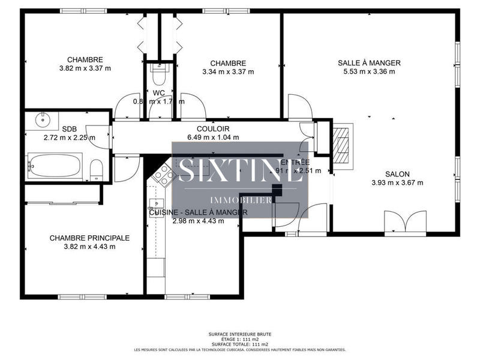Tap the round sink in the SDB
(43, 119)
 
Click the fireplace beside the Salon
(343, 143)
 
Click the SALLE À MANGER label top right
(369, 63)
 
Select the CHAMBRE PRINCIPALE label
(89, 238)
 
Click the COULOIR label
(213, 129)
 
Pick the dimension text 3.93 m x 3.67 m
(397, 183)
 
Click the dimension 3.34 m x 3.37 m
(228, 72)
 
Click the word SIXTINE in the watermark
(239, 170)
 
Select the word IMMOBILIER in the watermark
(239, 200)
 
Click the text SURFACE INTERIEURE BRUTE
(239, 335)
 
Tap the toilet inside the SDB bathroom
(96, 169)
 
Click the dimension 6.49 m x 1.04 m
(213, 137)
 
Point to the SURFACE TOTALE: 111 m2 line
(239, 344)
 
